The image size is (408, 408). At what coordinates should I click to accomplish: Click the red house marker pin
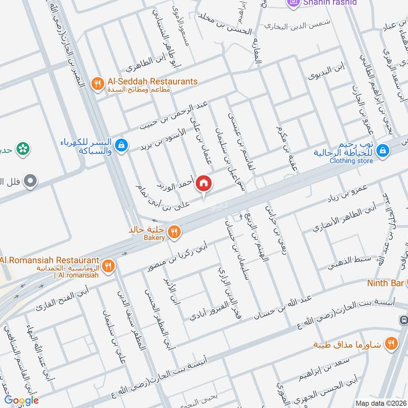pyautogui.click(x=203, y=183)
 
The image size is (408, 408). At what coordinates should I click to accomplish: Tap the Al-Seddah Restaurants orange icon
pyautogui.click(x=97, y=83)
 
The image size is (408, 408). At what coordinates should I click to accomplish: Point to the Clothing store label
pyautogui.click(x=351, y=161)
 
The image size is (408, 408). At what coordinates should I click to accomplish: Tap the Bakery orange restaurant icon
pyautogui.click(x=174, y=232)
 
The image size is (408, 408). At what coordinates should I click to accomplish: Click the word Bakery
pyautogui.click(x=154, y=238)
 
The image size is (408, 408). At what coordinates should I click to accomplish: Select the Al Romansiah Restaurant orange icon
pyautogui.click(x=108, y=265)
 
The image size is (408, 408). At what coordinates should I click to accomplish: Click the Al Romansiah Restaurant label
pyautogui.click(x=49, y=260)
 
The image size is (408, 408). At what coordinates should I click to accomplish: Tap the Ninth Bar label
pyautogui.click(x=385, y=283)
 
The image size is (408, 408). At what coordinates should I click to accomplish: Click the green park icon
pyautogui.click(x=22, y=149)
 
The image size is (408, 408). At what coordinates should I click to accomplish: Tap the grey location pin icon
pyautogui.click(x=31, y=181)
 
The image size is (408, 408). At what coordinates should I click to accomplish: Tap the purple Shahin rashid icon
pyautogui.click(x=293, y=3)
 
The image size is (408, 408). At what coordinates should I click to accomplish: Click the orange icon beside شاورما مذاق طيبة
pyautogui.click(x=391, y=344)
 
